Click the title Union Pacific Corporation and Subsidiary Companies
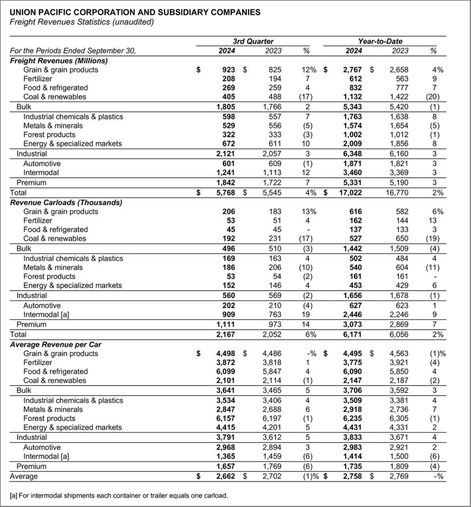tap(135, 12)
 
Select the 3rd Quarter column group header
tap(253, 42)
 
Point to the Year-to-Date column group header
tap(380, 42)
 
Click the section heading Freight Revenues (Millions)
tap(59, 60)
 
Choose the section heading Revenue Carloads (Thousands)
tap(66, 202)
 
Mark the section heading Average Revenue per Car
tap(56, 344)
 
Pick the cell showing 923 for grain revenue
tap(228, 70)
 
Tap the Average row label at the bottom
tap(24, 476)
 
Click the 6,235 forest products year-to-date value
tap(352, 418)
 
